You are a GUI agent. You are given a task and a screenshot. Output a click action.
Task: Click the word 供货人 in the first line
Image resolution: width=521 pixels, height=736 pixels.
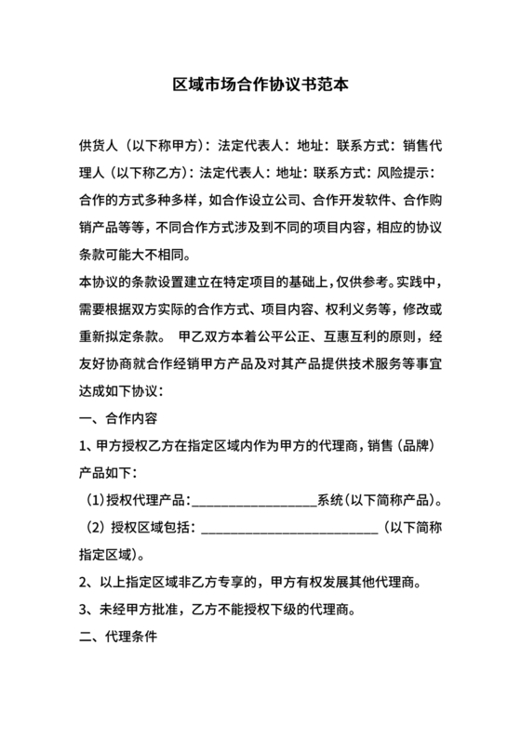tap(99, 146)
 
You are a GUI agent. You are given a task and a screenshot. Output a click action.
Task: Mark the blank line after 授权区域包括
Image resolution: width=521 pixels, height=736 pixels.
tap(289, 530)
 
